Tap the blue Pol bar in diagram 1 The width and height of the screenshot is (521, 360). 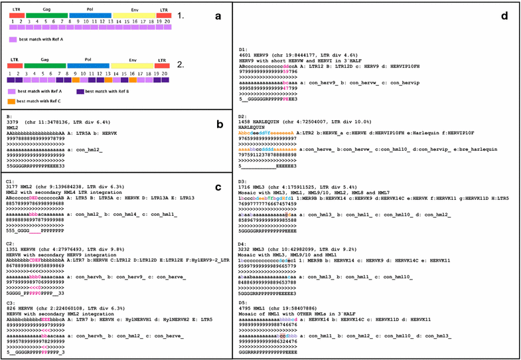pos(90,14)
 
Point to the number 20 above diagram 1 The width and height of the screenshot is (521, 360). pos(167,21)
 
